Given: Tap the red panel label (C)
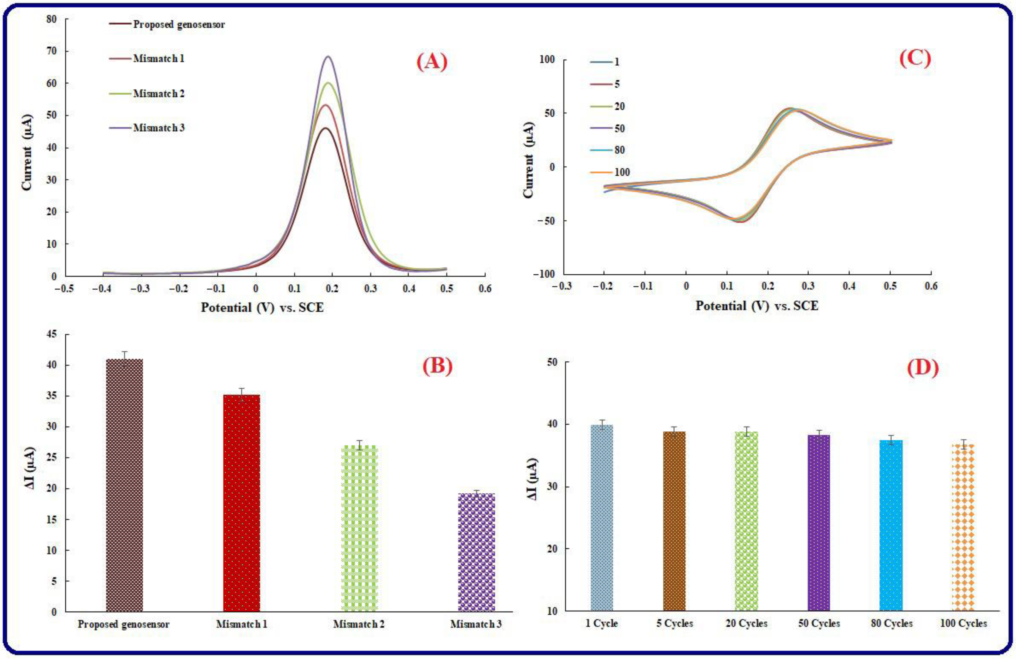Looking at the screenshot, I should click(x=915, y=59).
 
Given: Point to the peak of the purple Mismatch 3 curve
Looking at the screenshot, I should click(x=328, y=57).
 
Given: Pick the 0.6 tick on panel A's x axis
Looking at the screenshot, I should click(x=485, y=289).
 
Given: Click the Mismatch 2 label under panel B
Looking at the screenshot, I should click(x=359, y=624).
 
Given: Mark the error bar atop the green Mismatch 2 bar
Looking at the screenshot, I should click(x=359, y=445).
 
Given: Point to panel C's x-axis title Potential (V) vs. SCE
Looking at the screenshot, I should click(x=757, y=306).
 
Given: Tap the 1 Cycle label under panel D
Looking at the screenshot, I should click(x=601, y=624).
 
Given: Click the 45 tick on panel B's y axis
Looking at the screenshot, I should click(x=51, y=334).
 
